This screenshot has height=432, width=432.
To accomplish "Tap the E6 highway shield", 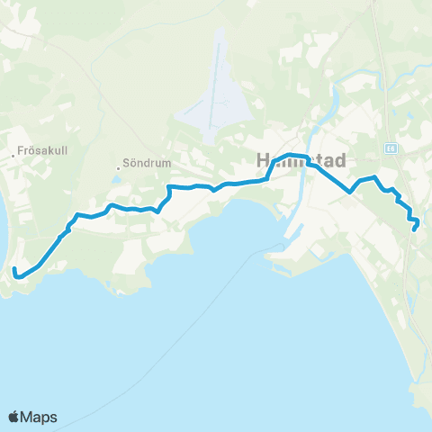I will pyautogui.click(x=391, y=148).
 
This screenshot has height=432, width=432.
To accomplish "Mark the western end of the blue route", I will pyautogui.click(x=15, y=270).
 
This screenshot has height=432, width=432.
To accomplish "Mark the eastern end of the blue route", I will pyautogui.click(x=414, y=229).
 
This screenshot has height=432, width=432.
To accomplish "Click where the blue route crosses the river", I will pyautogui.click(x=309, y=162).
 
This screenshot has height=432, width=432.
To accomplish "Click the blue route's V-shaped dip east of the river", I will pyautogui.click(x=349, y=191).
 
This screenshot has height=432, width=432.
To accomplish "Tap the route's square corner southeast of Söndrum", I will pyautogui.click(x=168, y=188).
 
